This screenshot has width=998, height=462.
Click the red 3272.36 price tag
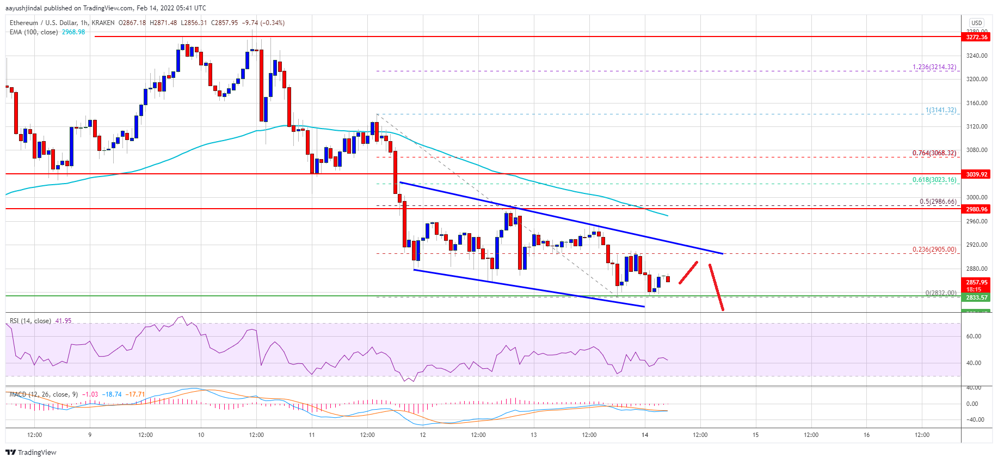click(x=976, y=37)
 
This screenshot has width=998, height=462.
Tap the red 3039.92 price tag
click(x=976, y=174)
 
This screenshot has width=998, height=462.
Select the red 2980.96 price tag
click(x=976, y=209)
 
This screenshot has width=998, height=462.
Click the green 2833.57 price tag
click(x=976, y=297)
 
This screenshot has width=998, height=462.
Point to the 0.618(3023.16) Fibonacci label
click(x=934, y=180)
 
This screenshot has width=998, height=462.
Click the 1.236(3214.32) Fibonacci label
click(x=934, y=67)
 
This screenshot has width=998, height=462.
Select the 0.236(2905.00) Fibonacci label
click(x=934, y=250)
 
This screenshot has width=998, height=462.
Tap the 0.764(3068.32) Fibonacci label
click(x=934, y=153)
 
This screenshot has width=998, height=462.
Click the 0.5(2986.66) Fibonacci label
click(x=938, y=202)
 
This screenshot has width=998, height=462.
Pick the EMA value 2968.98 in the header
click(x=73, y=32)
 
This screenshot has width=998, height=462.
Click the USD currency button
click(x=976, y=23)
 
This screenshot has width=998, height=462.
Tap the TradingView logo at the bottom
click(x=31, y=452)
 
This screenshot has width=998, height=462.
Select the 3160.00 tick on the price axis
click(x=976, y=103)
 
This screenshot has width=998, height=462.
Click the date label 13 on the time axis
click(x=534, y=435)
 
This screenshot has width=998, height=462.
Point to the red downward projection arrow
click(x=716, y=287)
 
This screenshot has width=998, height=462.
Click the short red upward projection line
click(x=688, y=272)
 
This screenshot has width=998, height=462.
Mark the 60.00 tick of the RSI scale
click(x=974, y=336)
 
